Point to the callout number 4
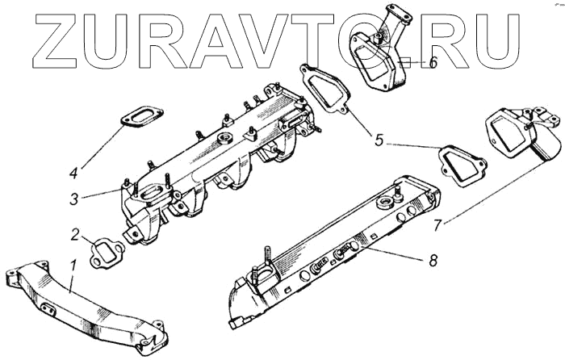point(73,172)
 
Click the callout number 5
point(379,139)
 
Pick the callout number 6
point(433,63)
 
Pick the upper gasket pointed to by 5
point(326,90)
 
